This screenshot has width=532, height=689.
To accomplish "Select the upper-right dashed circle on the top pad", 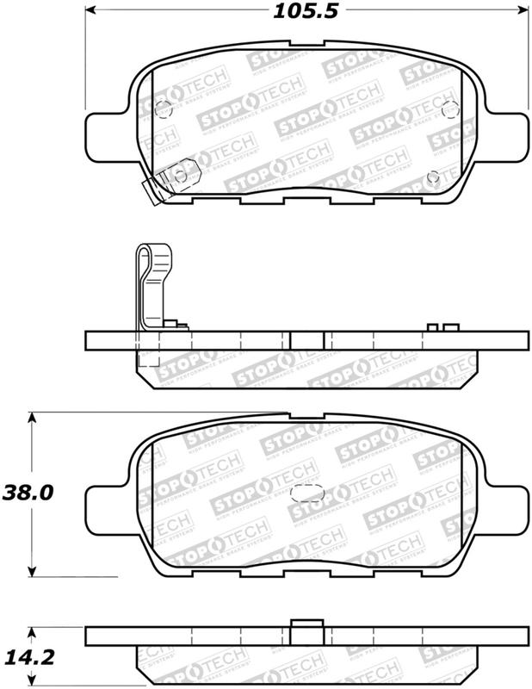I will pos(448,109).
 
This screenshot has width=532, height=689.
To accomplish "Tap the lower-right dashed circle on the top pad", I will pos(433,177).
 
